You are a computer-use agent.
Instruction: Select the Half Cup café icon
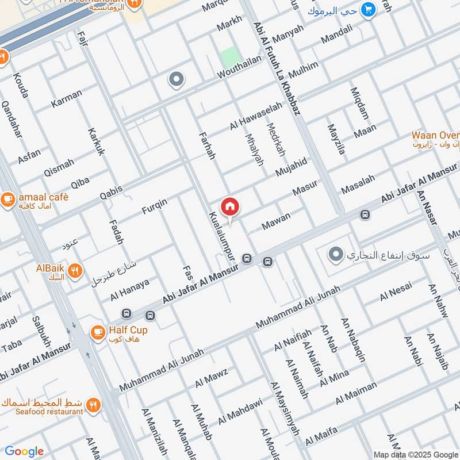pyautogui.click(x=97, y=332)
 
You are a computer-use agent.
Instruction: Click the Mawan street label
pyautogui.click(x=276, y=221)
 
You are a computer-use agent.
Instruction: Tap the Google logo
pyautogui.click(x=24, y=451)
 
